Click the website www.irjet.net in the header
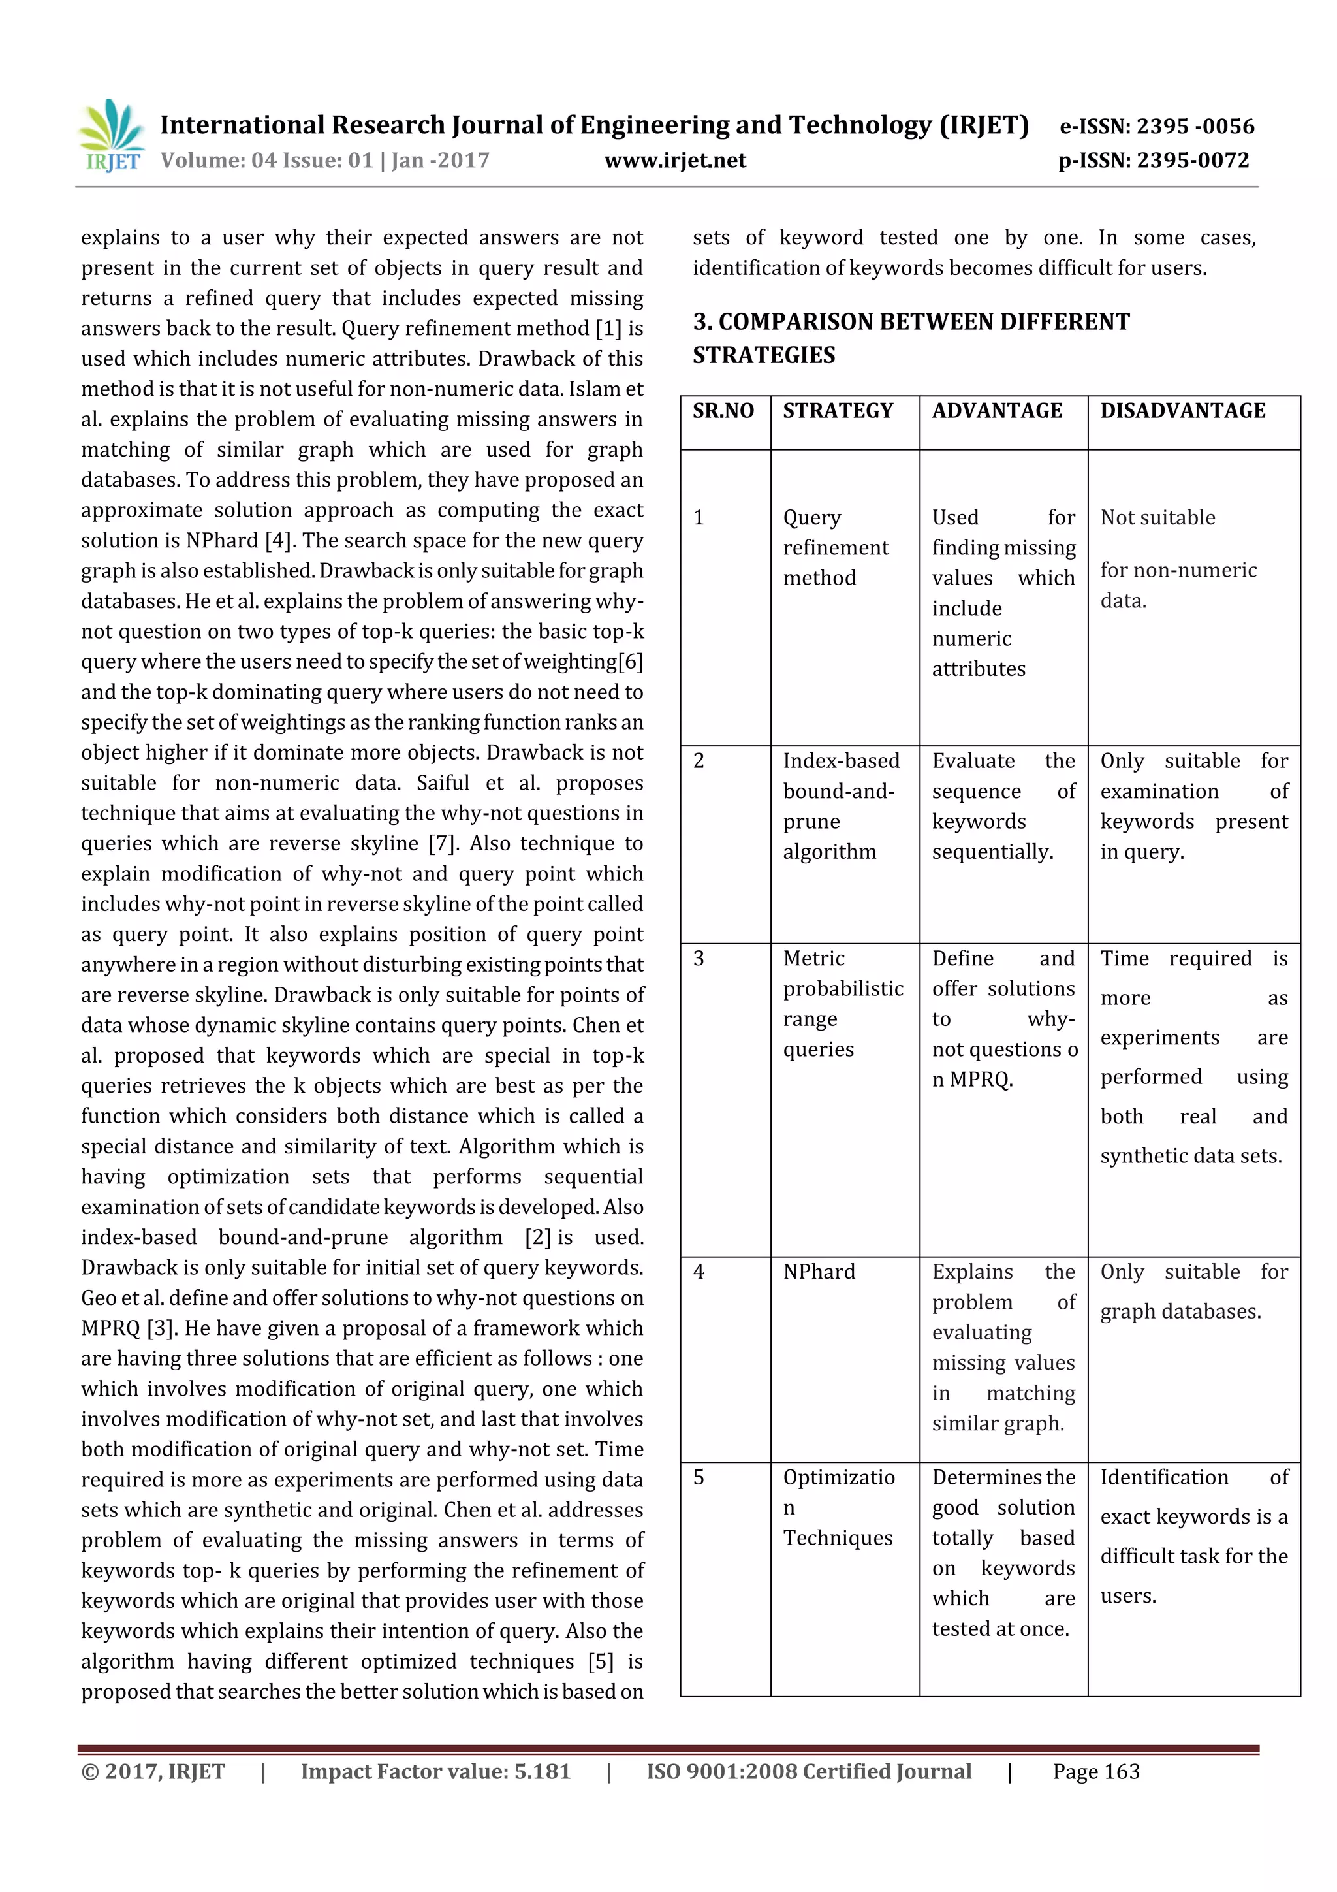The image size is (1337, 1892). click(674, 161)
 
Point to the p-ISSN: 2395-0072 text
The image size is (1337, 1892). click(1154, 161)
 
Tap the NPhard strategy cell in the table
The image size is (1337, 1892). click(819, 1272)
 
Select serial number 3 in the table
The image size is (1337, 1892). click(699, 958)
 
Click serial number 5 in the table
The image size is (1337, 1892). click(699, 1477)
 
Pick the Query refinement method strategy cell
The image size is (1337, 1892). click(836, 548)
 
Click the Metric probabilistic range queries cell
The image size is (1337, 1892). click(842, 1004)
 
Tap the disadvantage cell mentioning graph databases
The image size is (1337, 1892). click(1193, 1291)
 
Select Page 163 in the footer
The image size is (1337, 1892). click(1095, 1772)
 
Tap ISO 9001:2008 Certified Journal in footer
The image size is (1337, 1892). click(808, 1772)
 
